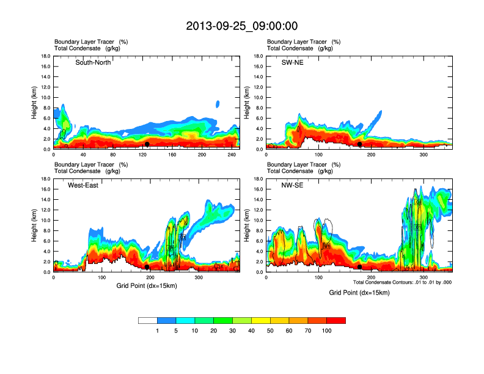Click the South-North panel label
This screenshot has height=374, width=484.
93,62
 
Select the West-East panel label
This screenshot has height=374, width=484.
83,185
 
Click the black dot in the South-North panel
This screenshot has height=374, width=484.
147,144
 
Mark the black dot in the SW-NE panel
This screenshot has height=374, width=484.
360,144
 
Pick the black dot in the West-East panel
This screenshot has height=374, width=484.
147,267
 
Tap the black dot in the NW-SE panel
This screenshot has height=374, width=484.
359,267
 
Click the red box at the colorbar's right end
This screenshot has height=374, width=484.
336,320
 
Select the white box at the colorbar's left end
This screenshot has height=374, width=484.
148,320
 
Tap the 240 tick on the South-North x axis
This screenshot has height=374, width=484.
232,155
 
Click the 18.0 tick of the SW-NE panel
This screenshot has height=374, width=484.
258,57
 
